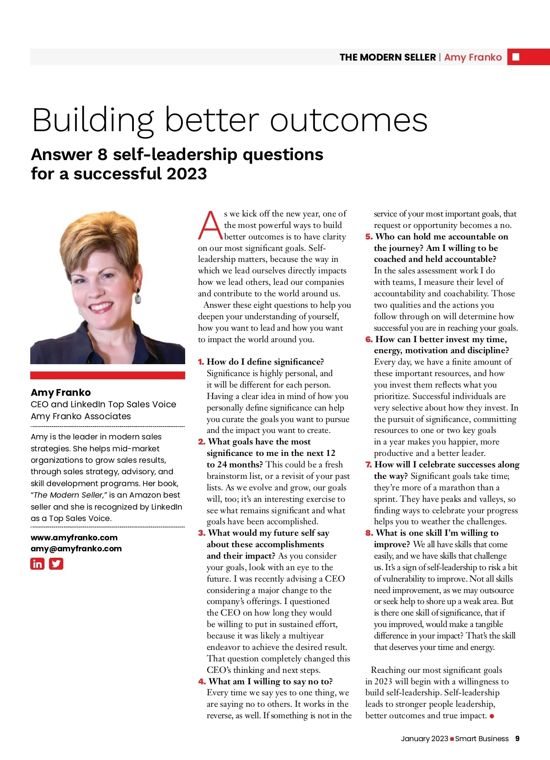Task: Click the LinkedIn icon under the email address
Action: (37, 563)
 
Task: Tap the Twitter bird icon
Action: (56, 563)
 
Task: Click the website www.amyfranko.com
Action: (74, 537)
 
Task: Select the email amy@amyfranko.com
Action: (76, 549)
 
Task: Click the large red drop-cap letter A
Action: (210, 225)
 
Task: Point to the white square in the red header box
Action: (516, 57)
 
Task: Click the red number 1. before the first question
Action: (201, 362)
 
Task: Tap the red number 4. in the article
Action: (202, 682)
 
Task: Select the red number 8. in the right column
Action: (369, 533)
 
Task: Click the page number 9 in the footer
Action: (517, 738)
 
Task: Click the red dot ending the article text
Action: (492, 716)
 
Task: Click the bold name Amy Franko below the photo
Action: (61, 393)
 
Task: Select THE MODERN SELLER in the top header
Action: (387, 57)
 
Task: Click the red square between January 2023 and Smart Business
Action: (452, 739)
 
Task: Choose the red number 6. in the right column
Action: (368, 339)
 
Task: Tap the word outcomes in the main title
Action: (348, 120)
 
